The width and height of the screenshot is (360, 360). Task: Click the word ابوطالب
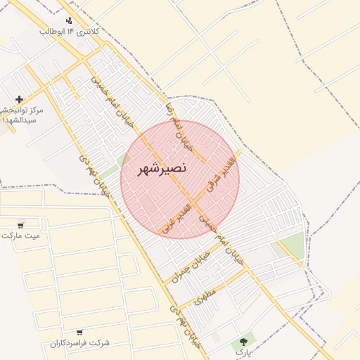(52, 32)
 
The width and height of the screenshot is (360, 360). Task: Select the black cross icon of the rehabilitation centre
(19, 99)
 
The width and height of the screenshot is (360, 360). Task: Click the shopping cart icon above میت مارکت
(20, 224)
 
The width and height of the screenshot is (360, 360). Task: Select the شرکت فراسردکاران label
(79, 342)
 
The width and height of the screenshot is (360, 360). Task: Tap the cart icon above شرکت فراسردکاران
(79, 332)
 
